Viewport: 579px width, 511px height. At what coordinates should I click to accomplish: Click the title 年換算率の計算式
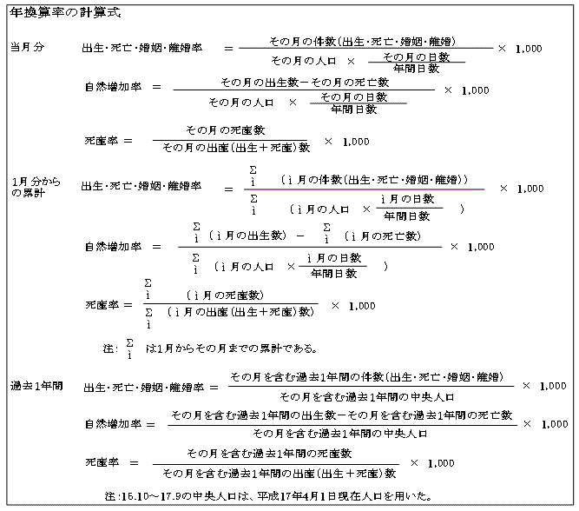(65, 12)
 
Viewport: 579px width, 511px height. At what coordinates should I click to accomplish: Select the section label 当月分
(27, 47)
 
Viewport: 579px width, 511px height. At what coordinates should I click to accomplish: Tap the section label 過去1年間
(36, 386)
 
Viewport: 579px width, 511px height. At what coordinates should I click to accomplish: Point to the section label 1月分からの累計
(36, 187)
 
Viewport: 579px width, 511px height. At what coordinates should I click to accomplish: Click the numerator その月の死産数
(225, 130)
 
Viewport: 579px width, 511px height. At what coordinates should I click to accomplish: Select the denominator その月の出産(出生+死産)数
(236, 148)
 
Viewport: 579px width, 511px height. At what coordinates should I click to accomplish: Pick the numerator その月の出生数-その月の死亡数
(305, 82)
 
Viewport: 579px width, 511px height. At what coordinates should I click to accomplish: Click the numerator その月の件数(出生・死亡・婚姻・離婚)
(362, 41)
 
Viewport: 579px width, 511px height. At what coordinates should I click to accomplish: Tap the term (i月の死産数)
(225, 295)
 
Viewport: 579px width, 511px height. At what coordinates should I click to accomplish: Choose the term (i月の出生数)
(247, 236)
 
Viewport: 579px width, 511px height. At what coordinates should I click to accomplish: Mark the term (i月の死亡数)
(383, 236)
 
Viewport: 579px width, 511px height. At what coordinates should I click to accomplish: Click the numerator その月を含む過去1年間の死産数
(269, 454)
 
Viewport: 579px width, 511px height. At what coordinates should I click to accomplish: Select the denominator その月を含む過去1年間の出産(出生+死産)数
(280, 474)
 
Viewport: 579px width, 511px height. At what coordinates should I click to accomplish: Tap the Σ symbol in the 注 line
(129, 342)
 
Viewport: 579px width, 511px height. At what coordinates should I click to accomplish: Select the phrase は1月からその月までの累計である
(231, 348)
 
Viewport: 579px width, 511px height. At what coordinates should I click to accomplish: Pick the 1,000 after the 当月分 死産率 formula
(356, 142)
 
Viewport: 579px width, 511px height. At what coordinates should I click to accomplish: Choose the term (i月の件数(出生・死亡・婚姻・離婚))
(374, 180)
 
